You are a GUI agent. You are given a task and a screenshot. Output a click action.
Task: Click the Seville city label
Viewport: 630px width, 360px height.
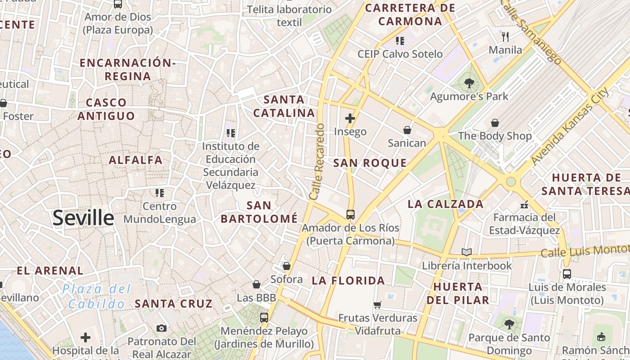(x=83, y=218)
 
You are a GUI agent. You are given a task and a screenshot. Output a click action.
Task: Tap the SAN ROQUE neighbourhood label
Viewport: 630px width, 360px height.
(x=370, y=163)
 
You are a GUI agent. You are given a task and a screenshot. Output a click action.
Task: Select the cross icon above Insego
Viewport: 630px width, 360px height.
(x=350, y=119)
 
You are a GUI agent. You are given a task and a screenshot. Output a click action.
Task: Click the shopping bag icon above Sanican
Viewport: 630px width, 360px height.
(x=407, y=130)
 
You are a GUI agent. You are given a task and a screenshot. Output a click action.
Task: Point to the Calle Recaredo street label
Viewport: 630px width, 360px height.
(x=317, y=162)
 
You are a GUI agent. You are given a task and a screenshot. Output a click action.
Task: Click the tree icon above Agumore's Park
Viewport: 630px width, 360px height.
(x=469, y=83)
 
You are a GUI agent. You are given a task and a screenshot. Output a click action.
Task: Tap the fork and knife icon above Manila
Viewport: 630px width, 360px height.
(x=505, y=37)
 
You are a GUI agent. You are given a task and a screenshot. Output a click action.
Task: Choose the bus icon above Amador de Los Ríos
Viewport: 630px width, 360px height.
(x=351, y=215)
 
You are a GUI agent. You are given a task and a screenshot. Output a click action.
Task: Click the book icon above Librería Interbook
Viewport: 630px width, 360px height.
(x=467, y=252)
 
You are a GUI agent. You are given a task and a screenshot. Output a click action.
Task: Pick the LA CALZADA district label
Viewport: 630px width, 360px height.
(x=445, y=204)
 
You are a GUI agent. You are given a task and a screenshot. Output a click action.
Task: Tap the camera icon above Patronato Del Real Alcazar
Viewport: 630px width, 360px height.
(x=162, y=328)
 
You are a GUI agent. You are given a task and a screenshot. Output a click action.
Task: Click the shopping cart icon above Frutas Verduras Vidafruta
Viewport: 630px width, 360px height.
(x=378, y=305)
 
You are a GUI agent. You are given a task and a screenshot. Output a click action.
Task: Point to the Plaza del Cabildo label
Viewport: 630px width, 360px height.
(x=96, y=296)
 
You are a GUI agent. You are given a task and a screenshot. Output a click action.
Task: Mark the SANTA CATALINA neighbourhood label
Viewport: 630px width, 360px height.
(x=283, y=106)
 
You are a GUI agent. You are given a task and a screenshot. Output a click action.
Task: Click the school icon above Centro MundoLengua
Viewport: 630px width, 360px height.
(x=159, y=193)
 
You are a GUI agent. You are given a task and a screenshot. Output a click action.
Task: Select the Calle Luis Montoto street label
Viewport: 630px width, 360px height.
(x=585, y=251)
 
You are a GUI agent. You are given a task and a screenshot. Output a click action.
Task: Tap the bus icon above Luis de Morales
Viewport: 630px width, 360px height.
(x=567, y=274)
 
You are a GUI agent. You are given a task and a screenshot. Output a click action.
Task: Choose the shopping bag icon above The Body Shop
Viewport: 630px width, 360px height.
(x=495, y=123)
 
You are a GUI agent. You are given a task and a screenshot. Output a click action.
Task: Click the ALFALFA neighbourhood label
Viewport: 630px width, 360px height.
(x=135, y=160)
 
